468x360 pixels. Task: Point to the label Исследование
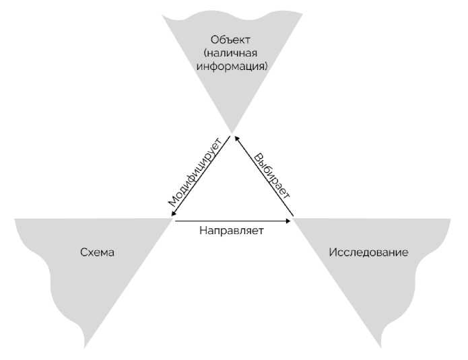[368, 253]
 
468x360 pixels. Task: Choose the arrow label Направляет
[231, 230]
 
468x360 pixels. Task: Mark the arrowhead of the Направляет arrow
[291, 219]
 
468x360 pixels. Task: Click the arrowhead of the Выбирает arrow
[236, 138]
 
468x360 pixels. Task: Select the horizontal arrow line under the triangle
[232, 219]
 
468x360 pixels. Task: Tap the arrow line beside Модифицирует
[202, 178]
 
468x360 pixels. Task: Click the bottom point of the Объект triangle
[232, 132]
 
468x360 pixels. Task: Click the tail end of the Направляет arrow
[174, 219]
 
